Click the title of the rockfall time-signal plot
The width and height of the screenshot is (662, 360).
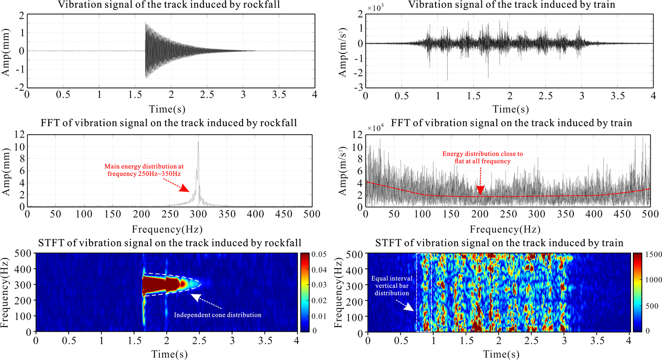point(169,5)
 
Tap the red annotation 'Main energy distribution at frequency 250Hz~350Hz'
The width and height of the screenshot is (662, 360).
point(144,170)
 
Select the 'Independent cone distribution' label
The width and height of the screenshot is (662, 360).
point(217,315)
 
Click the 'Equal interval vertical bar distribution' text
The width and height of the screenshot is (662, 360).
point(391,285)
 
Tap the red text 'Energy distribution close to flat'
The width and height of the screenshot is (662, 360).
point(482,157)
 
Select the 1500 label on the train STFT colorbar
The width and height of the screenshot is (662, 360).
point(653,254)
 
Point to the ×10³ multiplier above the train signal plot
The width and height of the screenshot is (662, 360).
point(375,8)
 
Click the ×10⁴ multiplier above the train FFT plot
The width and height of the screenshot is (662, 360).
point(375,128)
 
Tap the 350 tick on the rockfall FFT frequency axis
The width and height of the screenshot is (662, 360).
point(227,214)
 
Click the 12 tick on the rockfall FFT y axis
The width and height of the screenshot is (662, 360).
point(19,135)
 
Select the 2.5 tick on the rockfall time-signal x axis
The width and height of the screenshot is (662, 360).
point(207,95)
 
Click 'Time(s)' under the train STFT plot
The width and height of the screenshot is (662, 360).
point(501,354)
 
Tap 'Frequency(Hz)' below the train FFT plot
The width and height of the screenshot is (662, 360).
point(505,229)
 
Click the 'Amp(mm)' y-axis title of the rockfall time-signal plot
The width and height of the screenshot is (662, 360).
point(6,51)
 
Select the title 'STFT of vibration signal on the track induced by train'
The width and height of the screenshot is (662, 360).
point(499,243)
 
